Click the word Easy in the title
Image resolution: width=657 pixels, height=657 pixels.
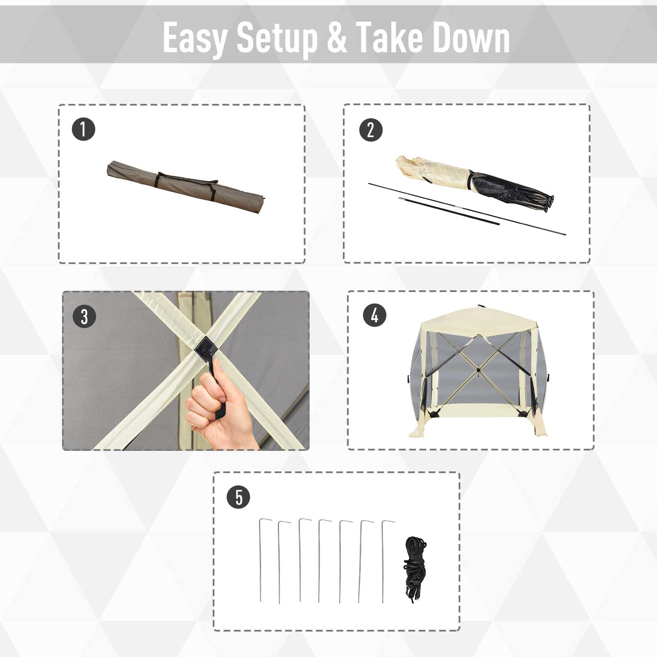pyautogui.click(x=195, y=38)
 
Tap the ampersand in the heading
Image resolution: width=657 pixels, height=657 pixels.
pyautogui.click(x=337, y=38)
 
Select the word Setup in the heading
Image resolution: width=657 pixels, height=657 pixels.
pyautogui.click(x=277, y=38)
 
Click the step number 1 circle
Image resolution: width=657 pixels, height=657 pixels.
pyautogui.click(x=83, y=129)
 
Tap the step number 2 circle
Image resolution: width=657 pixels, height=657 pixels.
pyautogui.click(x=371, y=130)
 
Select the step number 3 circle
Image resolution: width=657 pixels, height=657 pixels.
pyautogui.click(x=84, y=317)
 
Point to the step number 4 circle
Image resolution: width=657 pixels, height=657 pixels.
pyautogui.click(x=374, y=315)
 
